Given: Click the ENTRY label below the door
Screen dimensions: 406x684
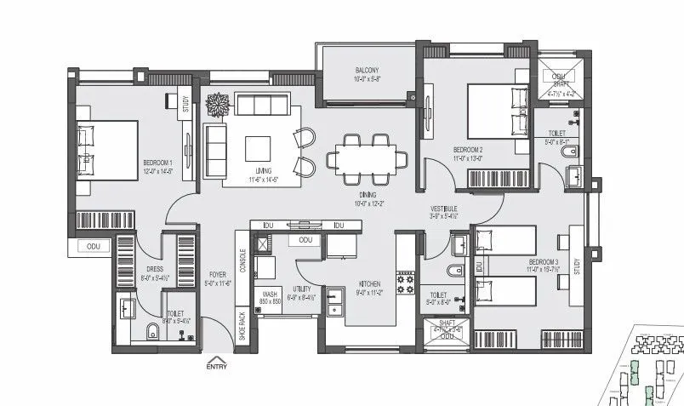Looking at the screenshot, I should [218, 367].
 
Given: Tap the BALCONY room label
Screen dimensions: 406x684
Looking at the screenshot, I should [367, 71].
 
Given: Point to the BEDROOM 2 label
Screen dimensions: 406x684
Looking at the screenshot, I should [468, 150].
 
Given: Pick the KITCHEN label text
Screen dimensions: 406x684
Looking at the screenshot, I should [369, 284].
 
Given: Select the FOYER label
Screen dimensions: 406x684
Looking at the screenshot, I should [218, 275].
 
